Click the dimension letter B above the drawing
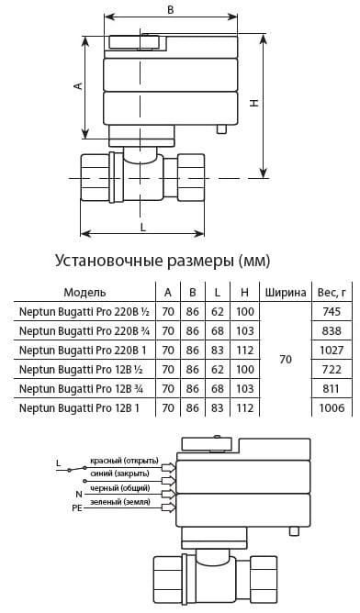click(171, 9)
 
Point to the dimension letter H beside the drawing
click(254, 103)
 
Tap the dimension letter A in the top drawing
click(79, 86)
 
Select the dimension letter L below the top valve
click(143, 227)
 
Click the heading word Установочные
click(108, 261)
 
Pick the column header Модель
click(84, 292)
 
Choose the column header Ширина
click(286, 293)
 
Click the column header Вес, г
click(332, 293)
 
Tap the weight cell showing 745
click(332, 312)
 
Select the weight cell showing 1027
click(332, 350)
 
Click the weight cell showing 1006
click(332, 407)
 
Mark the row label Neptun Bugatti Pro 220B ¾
click(84, 331)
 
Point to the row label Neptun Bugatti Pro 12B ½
click(81, 370)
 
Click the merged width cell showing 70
click(286, 360)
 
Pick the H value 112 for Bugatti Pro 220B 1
click(245, 350)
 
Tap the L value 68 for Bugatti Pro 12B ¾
click(217, 388)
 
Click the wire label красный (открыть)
click(124, 461)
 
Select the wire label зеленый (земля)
click(120, 502)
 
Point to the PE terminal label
click(77, 509)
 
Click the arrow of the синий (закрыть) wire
click(168, 480)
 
